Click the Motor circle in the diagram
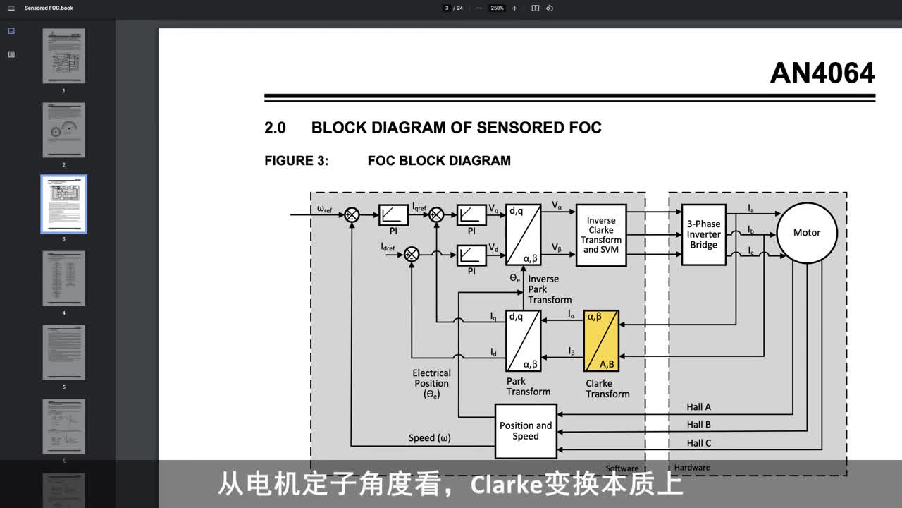(806, 233)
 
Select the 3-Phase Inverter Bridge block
(703, 234)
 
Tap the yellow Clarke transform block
(601, 341)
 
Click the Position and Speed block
(526, 430)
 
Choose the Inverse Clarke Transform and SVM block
(601, 235)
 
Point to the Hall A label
(698, 407)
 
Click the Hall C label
(698, 443)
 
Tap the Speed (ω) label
(429, 438)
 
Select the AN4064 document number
(822, 73)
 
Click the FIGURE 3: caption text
(297, 161)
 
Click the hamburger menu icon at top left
(11, 8)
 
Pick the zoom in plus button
(514, 8)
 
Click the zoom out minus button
(480, 8)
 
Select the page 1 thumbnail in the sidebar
(63, 56)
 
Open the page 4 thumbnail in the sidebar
(63, 278)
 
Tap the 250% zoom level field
(497, 8)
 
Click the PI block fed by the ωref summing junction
(393, 215)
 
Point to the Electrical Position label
(431, 378)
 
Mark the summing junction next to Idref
(413, 254)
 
